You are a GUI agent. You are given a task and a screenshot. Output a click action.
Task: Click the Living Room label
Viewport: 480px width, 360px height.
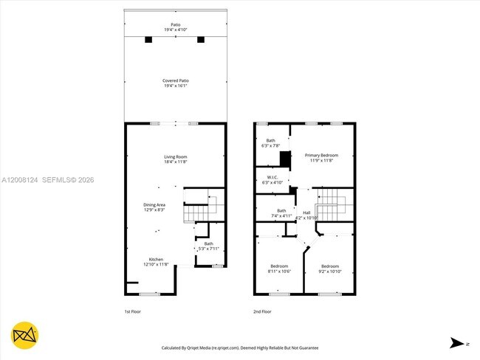(176, 159)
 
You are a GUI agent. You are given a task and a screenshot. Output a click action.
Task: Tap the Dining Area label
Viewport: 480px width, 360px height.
(154, 207)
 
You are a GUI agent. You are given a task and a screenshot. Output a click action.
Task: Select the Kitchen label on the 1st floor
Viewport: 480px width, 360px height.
(156, 261)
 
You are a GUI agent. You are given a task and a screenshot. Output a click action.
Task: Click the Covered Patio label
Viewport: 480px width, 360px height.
(176, 83)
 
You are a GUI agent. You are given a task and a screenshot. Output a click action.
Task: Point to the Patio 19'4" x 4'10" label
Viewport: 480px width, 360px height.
(176, 27)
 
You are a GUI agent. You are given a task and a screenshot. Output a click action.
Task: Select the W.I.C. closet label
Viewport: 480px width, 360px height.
(271, 179)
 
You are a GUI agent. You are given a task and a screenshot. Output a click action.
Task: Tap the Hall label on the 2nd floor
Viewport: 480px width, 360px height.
(306, 215)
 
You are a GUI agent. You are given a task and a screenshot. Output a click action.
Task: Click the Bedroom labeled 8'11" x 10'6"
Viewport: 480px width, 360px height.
(279, 268)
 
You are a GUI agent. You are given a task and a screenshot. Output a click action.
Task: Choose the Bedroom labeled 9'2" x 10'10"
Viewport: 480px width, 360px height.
(329, 268)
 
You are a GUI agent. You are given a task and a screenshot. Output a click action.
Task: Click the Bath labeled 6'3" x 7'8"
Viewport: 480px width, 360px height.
(271, 143)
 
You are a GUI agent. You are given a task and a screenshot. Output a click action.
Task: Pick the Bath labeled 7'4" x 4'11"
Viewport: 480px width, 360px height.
(281, 213)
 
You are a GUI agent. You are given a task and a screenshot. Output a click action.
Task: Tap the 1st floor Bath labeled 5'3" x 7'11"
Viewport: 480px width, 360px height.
(209, 246)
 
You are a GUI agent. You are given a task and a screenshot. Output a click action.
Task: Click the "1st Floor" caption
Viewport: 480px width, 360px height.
(133, 312)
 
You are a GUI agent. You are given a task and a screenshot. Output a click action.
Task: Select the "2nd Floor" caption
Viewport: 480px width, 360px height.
(262, 312)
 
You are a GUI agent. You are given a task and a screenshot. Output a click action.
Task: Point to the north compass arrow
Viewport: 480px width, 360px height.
(458, 343)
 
